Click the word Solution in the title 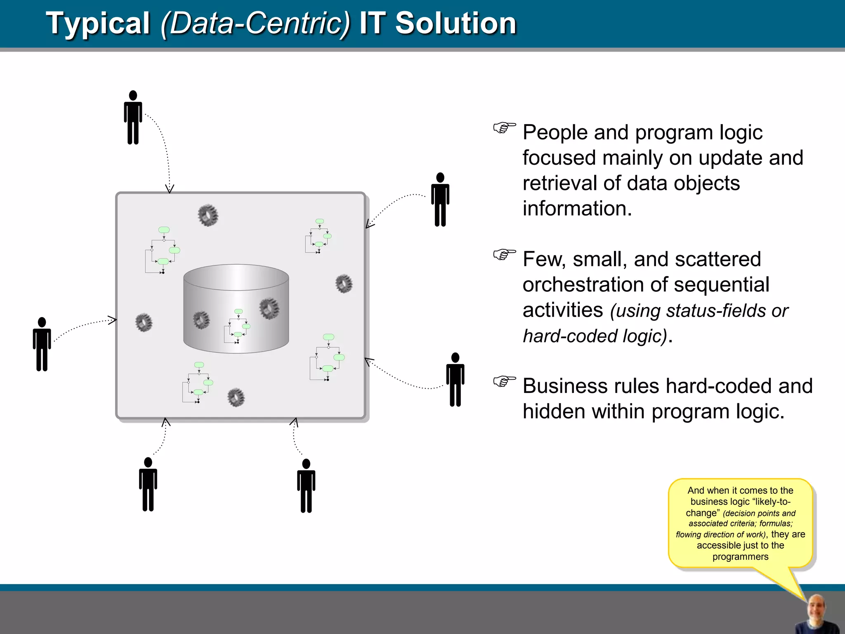pos(456,23)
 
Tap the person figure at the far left pos(42,344)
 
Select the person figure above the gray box pos(133,118)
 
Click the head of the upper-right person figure pos(440,178)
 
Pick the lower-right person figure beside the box pos(455,380)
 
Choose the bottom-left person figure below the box pos(148,485)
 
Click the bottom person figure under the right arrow pos(306,486)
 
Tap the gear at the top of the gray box pos(208,215)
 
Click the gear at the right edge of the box pos(344,284)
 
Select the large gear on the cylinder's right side pos(269,308)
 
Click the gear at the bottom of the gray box pos(236,397)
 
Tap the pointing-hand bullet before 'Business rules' pos(504,381)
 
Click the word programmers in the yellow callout pos(740,557)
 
